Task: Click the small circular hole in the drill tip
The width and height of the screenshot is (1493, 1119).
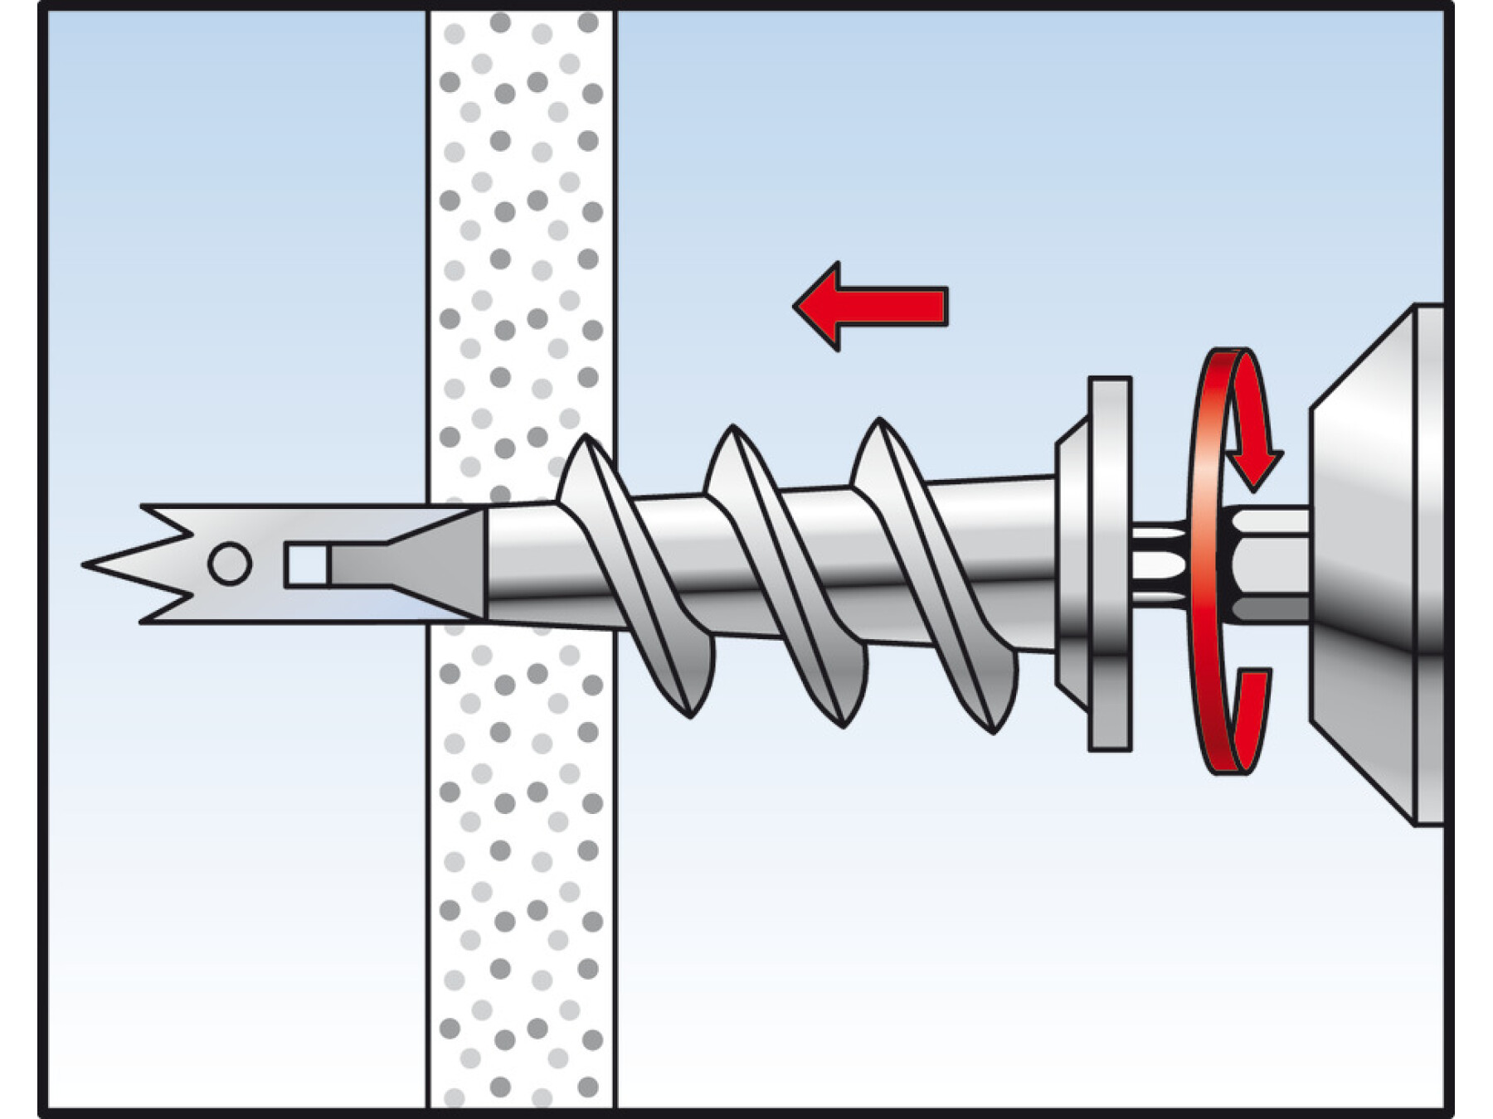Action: click(x=230, y=564)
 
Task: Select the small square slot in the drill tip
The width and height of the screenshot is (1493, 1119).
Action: click(x=304, y=565)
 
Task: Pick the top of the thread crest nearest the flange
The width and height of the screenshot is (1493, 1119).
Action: click(x=879, y=425)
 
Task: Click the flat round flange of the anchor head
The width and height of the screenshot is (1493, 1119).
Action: click(x=1110, y=564)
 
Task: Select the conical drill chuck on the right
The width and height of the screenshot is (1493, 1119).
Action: click(x=1369, y=564)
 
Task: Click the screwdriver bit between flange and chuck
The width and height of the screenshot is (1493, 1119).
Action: click(x=1161, y=564)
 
